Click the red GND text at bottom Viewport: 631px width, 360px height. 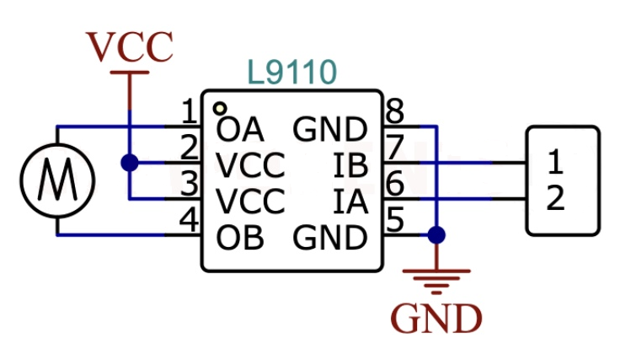[x=436, y=319]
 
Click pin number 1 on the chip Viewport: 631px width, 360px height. [x=190, y=110]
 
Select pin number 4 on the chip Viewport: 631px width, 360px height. [x=190, y=222]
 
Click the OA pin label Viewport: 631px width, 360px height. [x=240, y=130]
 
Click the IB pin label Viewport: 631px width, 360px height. [x=351, y=166]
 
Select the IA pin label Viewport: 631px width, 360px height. [x=351, y=202]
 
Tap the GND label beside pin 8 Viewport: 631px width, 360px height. [x=330, y=130]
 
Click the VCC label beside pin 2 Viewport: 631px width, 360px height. [x=251, y=166]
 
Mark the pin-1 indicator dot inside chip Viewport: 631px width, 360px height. [x=219, y=108]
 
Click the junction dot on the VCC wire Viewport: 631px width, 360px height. [x=130, y=163]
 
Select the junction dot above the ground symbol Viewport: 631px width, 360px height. [x=436, y=234]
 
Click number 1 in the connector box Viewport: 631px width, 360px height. [x=554, y=160]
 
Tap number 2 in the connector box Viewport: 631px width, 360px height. [x=554, y=200]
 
